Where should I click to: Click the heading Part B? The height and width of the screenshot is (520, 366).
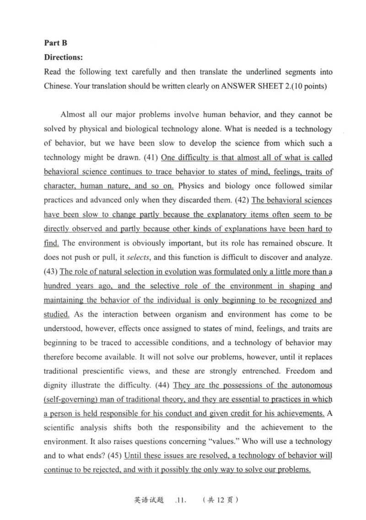pos(55,43)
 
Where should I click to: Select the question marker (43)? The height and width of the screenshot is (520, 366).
pos(51,272)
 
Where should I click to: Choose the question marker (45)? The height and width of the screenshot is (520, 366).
pos(115,456)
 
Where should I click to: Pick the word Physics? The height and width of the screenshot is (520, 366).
pos(191,186)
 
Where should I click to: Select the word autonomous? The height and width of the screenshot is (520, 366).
pos(311,385)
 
